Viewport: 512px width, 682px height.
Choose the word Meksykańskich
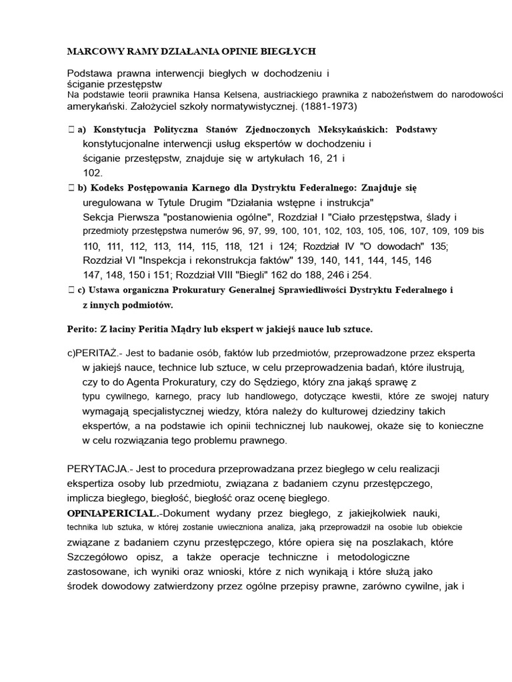342,129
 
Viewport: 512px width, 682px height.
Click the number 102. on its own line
93,172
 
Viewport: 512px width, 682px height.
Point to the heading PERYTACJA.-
98,470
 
